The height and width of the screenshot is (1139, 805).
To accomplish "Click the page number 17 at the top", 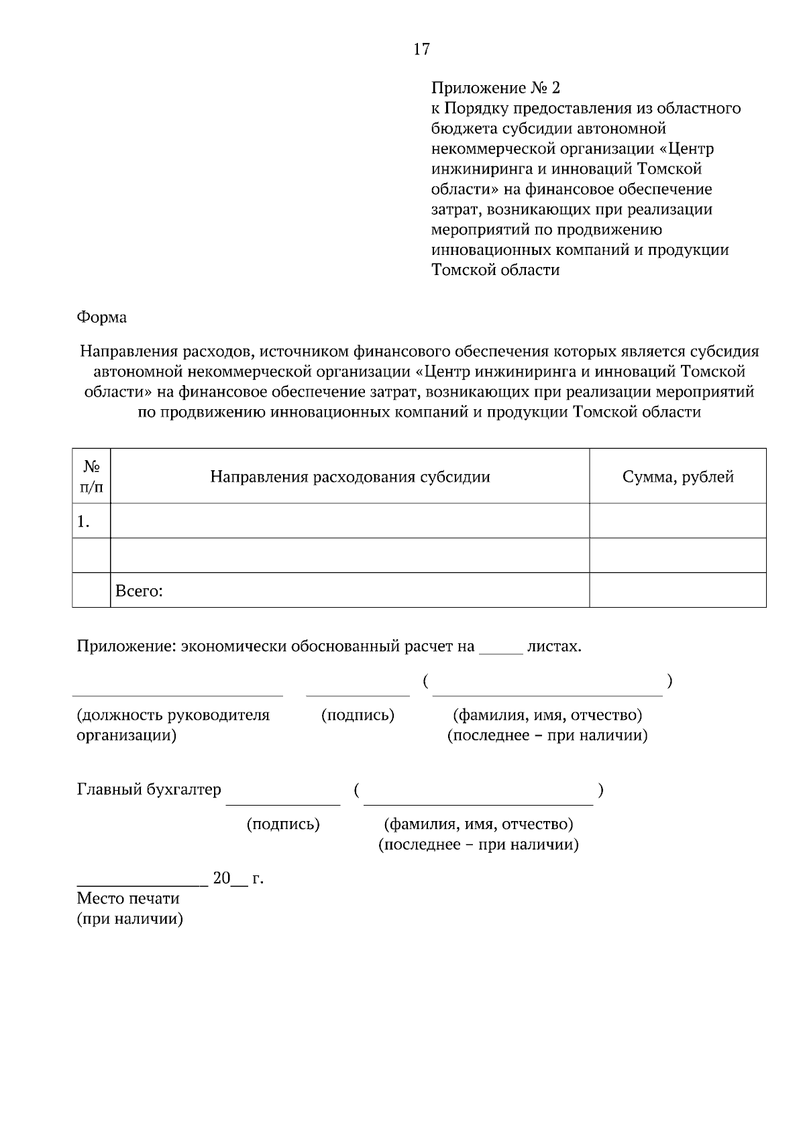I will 421,49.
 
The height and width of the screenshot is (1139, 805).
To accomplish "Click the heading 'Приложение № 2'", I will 494,88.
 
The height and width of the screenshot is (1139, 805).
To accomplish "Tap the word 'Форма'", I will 101,317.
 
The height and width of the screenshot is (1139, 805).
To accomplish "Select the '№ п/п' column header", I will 91,476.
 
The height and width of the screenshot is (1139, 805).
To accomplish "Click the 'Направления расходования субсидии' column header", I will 350,477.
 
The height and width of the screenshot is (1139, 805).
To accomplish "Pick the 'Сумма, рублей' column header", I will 678,477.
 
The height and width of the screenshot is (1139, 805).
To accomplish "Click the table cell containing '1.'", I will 91,521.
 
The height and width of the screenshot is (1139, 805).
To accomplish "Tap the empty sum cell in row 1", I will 678,521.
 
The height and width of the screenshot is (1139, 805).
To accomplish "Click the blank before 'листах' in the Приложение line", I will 500,649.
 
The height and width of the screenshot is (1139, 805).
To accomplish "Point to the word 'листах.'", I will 554,647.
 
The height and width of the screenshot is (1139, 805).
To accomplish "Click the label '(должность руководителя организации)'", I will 173,724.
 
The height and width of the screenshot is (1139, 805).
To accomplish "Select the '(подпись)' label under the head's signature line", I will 358,715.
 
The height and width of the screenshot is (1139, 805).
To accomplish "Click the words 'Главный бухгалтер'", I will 149,790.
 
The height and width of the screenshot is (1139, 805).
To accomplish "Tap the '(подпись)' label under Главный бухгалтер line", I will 283,824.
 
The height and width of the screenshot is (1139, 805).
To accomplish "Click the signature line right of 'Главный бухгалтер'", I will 283,801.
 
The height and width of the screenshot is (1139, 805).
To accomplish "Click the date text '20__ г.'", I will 237,878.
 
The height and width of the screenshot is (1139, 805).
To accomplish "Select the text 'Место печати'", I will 128,898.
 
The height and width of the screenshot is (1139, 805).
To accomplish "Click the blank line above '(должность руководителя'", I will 177,693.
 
